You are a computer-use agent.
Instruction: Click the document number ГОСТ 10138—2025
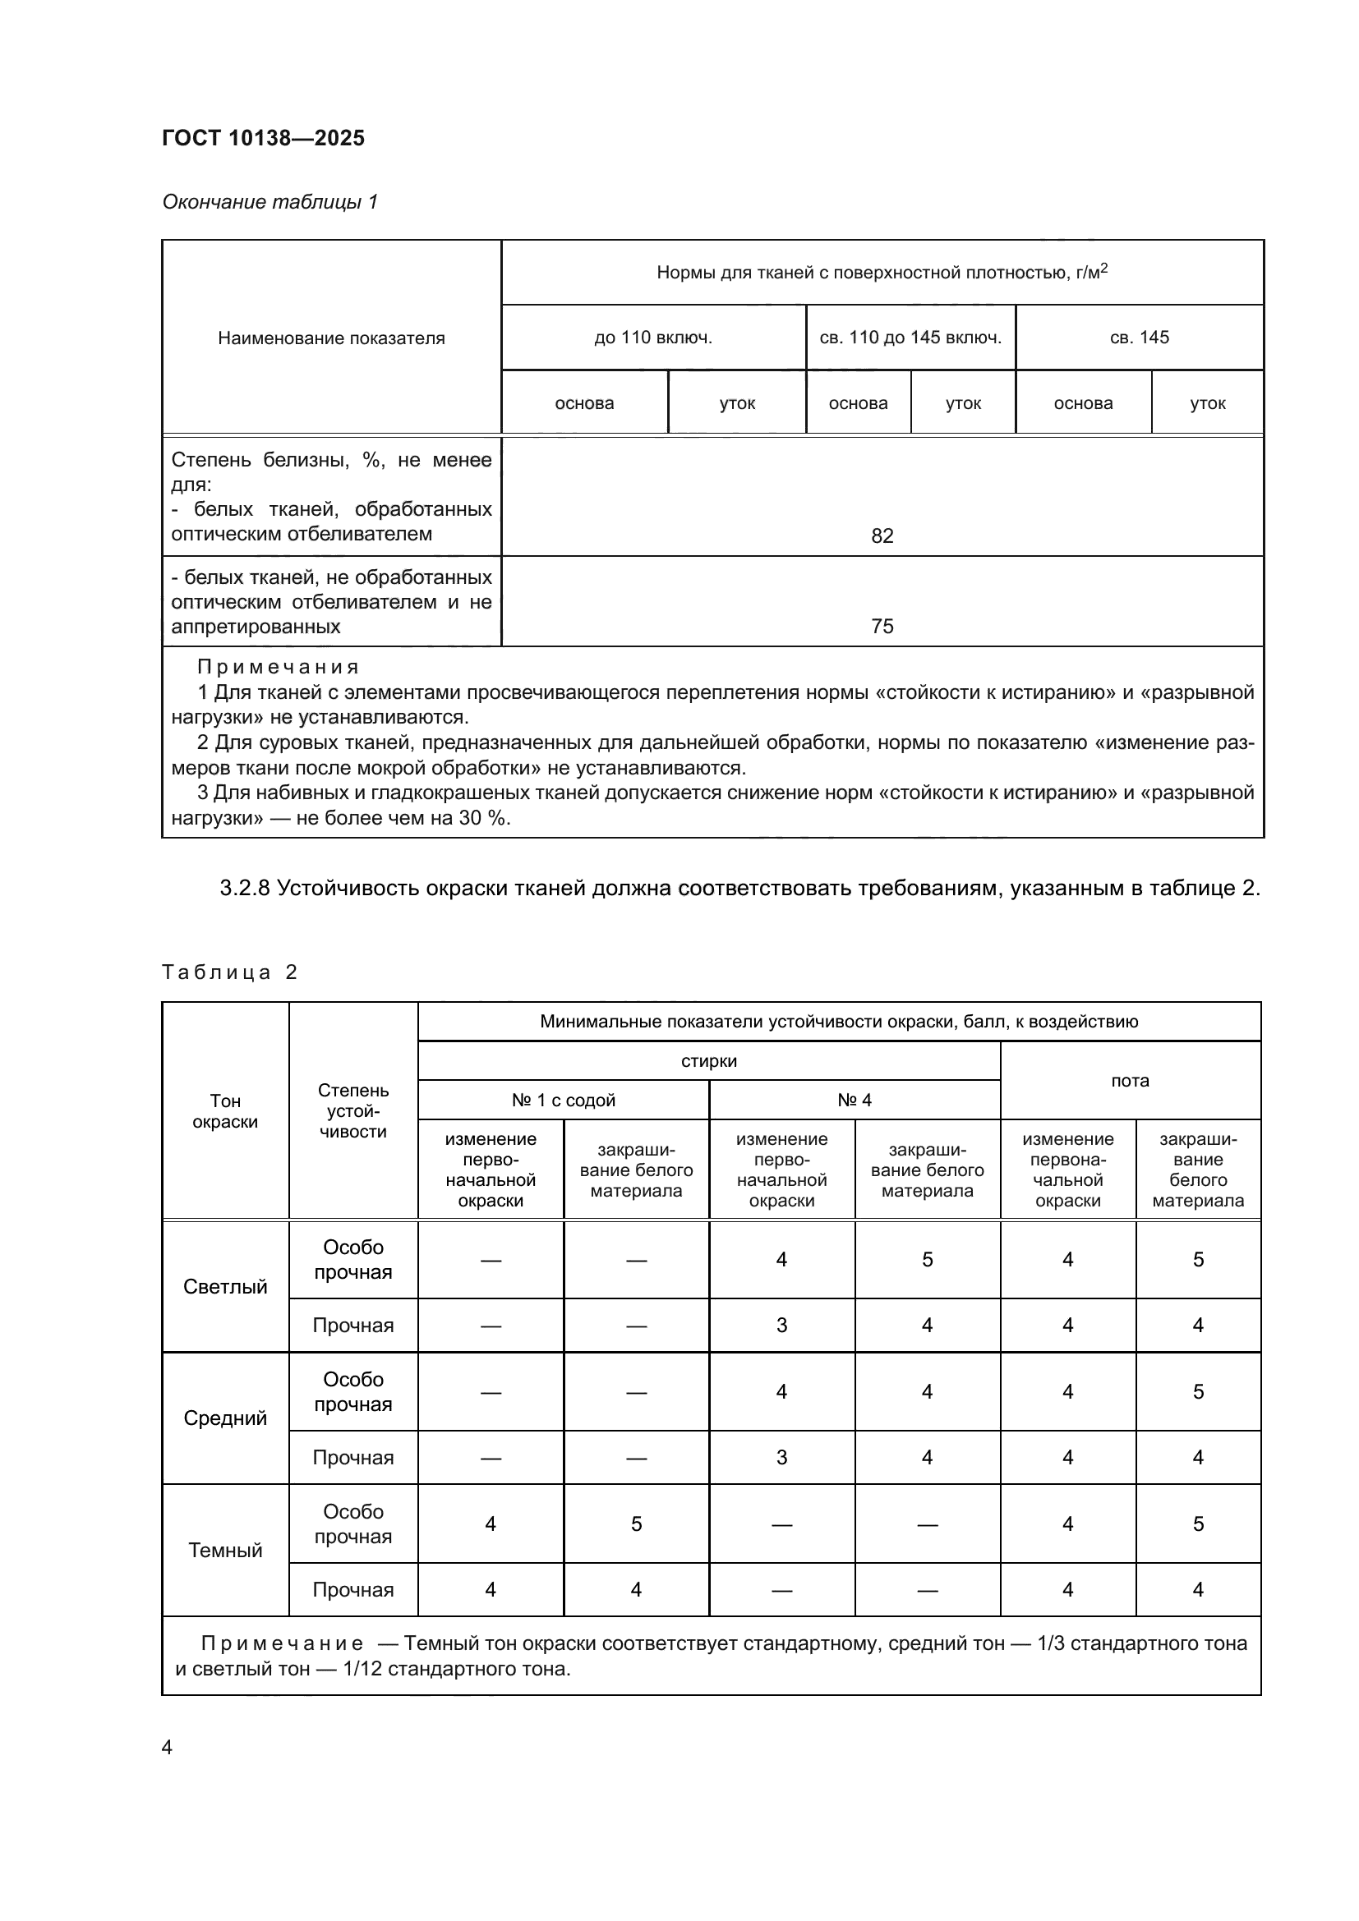[x=263, y=138]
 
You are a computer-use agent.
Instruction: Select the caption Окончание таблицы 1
[x=269, y=202]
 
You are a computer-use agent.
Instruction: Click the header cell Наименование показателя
[x=331, y=338]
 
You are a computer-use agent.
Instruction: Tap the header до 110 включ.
[x=652, y=338]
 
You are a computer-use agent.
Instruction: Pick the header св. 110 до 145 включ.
[x=910, y=338]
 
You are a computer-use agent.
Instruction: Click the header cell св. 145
[x=1139, y=338]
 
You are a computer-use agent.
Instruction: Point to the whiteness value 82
[x=882, y=535]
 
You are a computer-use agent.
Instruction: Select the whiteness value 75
[x=882, y=626]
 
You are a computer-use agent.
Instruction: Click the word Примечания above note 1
[x=278, y=667]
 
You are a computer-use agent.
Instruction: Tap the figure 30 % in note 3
[x=483, y=817]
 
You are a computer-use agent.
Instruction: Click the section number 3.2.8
[x=244, y=888]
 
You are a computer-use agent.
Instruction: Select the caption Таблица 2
[x=229, y=972]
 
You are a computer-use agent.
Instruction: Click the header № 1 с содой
[x=563, y=1101]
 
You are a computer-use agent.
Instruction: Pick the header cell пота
[x=1130, y=1080]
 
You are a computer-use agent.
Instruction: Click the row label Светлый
[x=225, y=1286]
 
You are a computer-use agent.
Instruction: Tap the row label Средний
[x=225, y=1418]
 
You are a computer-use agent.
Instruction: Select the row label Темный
[x=225, y=1550]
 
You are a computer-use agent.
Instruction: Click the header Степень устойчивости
[x=353, y=1111]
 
